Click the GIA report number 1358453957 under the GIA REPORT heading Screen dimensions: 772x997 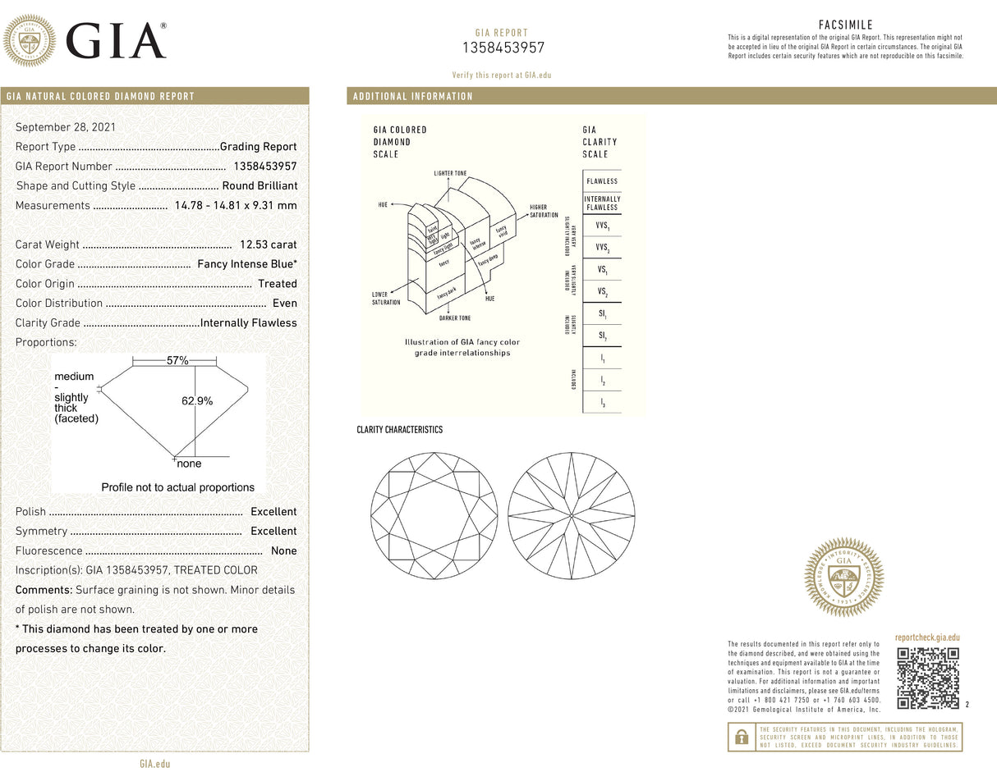coord(503,48)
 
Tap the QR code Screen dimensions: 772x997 coord(927,678)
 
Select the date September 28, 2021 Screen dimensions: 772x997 coord(66,127)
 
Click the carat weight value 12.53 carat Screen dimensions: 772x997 coord(268,244)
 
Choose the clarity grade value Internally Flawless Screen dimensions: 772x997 coord(248,323)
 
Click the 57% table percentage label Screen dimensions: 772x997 coord(178,361)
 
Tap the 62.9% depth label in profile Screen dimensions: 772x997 coord(197,401)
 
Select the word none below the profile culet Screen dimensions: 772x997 coord(190,464)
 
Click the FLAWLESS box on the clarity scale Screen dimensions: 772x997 coord(602,181)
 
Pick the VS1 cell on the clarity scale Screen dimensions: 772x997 coord(602,270)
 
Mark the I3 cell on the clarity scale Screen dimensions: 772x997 coord(602,403)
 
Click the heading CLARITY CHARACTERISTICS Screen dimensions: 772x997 coord(399,430)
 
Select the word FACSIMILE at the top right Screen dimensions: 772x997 coord(845,25)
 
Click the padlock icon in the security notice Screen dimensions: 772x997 coord(742,737)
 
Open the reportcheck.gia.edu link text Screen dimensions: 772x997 coord(926,637)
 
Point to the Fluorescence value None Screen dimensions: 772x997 coord(283,550)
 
